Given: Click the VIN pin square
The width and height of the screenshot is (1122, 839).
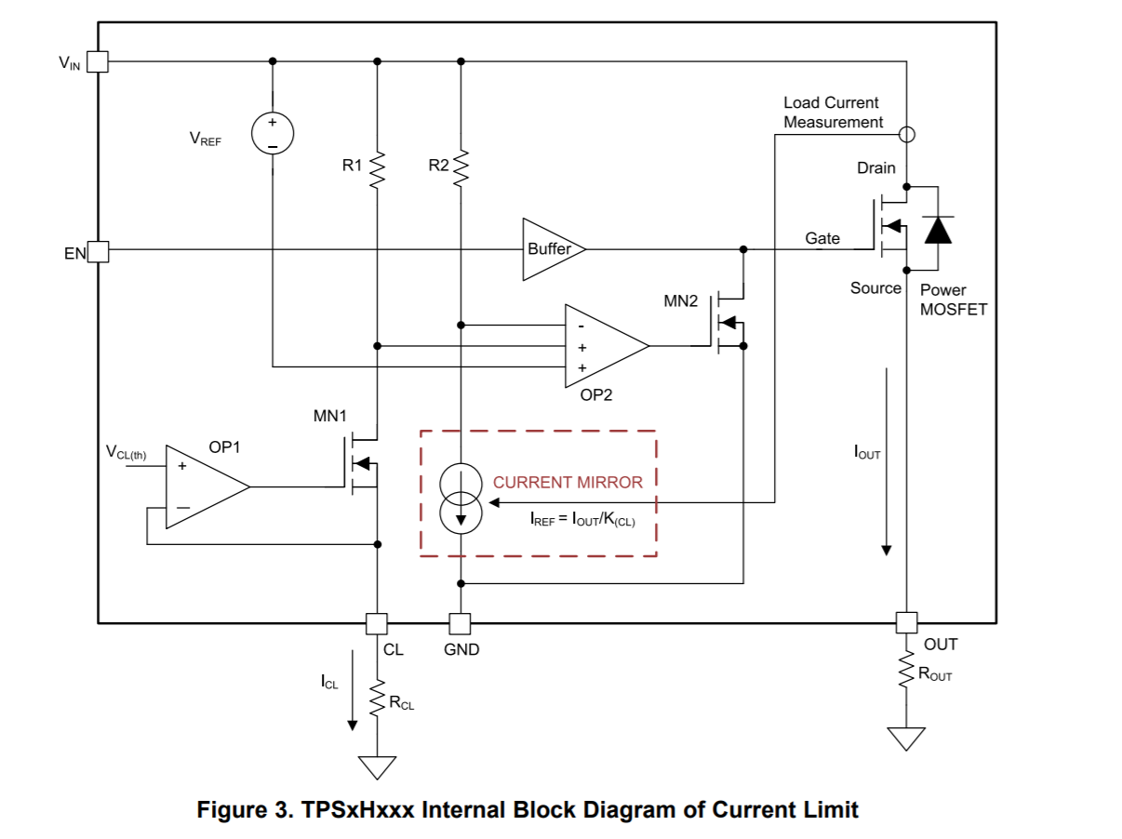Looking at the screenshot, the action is click(x=98, y=61).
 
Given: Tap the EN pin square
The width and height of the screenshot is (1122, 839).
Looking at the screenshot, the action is click(x=98, y=252).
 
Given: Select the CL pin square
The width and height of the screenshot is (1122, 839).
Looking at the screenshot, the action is click(x=377, y=624).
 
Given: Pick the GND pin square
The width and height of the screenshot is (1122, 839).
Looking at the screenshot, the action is click(x=460, y=624).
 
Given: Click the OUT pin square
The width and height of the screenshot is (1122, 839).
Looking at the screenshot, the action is click(x=907, y=623).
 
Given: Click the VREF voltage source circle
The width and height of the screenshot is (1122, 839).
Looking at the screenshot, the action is click(x=273, y=133).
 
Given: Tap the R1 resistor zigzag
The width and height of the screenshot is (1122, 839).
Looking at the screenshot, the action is click(x=377, y=170).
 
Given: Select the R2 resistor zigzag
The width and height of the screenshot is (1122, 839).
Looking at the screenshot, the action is click(x=461, y=168).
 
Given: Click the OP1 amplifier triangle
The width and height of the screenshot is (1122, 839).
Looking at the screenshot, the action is click(x=207, y=487).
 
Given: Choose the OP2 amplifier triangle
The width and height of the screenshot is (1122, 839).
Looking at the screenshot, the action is click(x=607, y=346).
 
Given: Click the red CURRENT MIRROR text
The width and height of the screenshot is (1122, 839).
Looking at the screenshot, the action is click(x=568, y=483).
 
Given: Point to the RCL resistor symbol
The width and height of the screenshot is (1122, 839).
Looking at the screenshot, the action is click(x=377, y=698).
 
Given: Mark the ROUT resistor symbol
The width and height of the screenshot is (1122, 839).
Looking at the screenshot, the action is click(x=907, y=670).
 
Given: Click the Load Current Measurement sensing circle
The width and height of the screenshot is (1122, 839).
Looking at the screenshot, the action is click(x=907, y=134).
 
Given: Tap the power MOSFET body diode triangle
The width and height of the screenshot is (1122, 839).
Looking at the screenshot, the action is click(x=938, y=230).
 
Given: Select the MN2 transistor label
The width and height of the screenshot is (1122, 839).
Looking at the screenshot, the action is click(x=680, y=301).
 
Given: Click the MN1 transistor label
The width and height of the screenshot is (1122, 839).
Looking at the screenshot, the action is click(x=329, y=416).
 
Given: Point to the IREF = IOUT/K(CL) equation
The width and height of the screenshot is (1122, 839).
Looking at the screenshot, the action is click(x=582, y=520).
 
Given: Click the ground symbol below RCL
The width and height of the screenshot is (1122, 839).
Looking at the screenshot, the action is click(x=377, y=767).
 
